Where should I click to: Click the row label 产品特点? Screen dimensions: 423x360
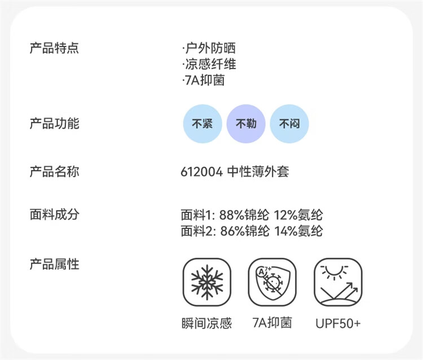tap(54, 48)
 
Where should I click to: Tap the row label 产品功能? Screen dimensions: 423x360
tap(54, 123)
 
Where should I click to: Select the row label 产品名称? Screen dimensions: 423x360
tap(54, 171)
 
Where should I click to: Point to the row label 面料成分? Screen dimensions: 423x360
tap(54, 215)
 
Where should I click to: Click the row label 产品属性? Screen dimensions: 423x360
tap(54, 264)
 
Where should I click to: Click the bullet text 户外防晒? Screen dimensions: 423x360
tap(209, 48)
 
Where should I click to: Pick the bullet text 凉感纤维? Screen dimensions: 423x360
tap(209, 64)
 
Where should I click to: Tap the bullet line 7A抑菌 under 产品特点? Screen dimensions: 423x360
tap(204, 80)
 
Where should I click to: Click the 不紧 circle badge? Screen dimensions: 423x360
tap(202, 124)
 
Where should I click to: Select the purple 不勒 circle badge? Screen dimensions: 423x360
tap(246, 124)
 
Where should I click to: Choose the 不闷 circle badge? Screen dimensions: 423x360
tap(289, 124)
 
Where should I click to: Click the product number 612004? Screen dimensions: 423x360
tap(202, 172)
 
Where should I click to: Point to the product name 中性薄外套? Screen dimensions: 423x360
tap(258, 172)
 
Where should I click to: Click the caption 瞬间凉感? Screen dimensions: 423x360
tap(207, 323)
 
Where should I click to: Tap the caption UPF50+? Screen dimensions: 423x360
tap(338, 323)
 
